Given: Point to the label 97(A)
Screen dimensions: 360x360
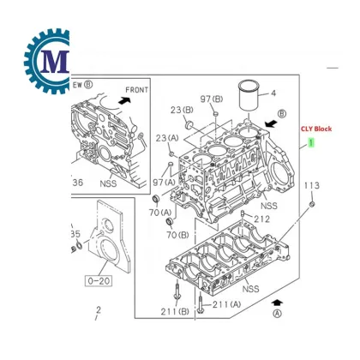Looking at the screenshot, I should (x=164, y=183).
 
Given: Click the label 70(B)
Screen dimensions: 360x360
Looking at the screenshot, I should (x=177, y=234).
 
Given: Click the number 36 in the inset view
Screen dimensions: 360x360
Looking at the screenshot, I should (x=77, y=182).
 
